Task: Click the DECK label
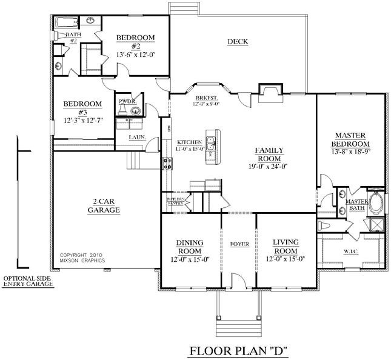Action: pos(238,42)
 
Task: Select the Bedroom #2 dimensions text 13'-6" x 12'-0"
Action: pos(136,55)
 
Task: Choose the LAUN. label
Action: pos(137,138)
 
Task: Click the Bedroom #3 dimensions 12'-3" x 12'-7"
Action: pos(83,121)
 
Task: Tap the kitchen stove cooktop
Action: pos(165,162)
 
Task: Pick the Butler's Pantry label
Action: pos(175,201)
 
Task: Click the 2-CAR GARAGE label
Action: pos(106,205)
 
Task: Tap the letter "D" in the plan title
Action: pos(279,350)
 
